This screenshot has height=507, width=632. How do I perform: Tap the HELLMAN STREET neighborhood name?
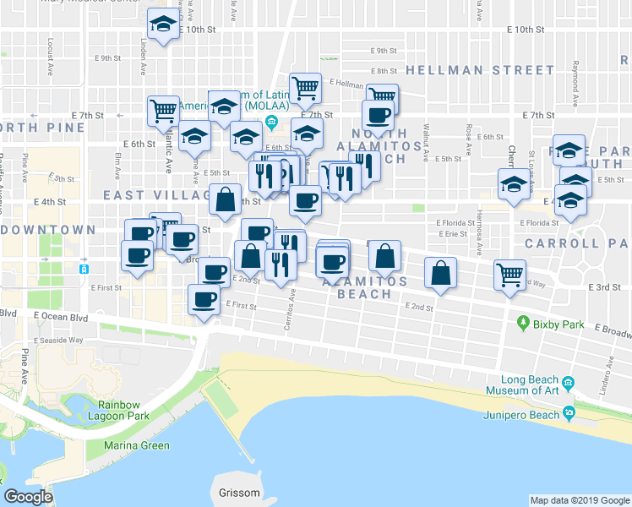479,69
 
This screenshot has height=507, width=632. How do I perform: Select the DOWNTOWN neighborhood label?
48,230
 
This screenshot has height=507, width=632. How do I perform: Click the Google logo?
28,497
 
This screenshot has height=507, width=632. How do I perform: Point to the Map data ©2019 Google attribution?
579,500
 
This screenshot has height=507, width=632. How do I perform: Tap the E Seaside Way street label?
58,340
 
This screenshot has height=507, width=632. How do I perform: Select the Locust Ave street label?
51,46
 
